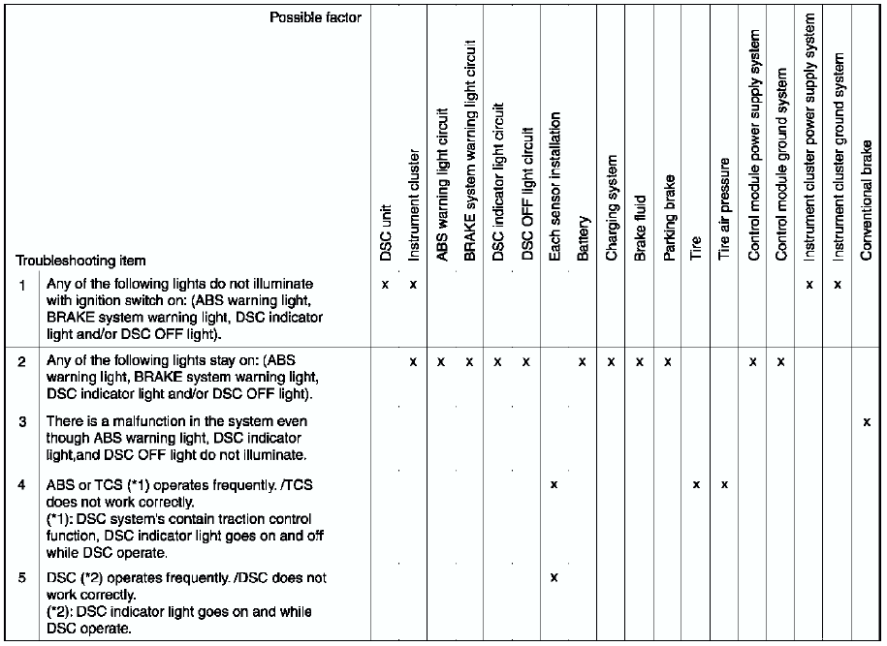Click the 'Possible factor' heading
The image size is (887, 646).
[x=315, y=17]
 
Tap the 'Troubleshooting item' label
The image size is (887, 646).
[x=80, y=261]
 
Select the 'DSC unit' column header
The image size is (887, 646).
[x=386, y=233]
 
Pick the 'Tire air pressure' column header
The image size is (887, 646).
[x=724, y=208]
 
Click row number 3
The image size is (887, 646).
[x=22, y=421]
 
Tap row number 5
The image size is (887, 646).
[x=22, y=578]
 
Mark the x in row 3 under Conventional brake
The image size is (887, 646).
[x=867, y=422]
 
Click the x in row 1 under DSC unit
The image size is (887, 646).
[x=386, y=285]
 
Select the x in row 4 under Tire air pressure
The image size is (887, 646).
[x=724, y=483]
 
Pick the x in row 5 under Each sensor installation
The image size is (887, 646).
[x=554, y=578]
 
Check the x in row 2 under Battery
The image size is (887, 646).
[x=583, y=361]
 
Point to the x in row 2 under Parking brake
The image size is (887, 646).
[x=668, y=361]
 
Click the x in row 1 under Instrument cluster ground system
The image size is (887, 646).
[x=838, y=285]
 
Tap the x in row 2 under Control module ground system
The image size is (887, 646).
[x=781, y=361]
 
